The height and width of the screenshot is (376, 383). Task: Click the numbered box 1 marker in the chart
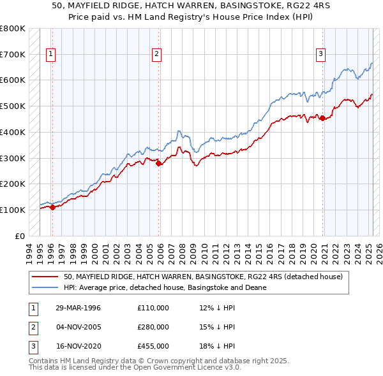coord(50,55)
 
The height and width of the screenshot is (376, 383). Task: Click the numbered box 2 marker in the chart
coord(156,55)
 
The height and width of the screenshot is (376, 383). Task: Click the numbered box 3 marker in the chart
coord(320,55)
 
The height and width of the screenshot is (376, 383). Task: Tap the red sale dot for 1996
coord(52,207)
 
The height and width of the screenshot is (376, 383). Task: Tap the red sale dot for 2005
coord(159,163)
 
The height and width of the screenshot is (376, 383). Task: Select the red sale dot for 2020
coord(323,118)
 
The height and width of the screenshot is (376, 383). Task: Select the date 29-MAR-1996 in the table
coord(78,308)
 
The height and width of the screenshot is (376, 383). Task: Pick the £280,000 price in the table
coord(153,327)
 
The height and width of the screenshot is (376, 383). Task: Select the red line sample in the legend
coord(45,277)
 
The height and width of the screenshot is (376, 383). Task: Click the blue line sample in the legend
coord(45,287)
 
